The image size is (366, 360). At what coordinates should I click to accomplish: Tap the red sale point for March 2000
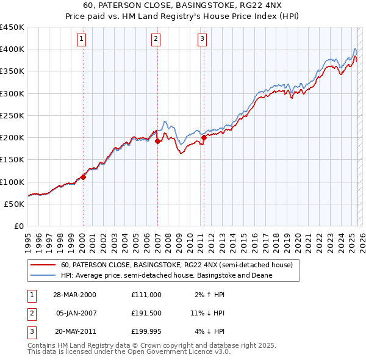(x=84, y=177)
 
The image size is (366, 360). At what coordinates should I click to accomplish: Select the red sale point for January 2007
(x=157, y=141)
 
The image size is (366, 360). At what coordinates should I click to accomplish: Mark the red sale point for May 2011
(x=204, y=137)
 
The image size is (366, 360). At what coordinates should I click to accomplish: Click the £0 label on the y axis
(x=18, y=226)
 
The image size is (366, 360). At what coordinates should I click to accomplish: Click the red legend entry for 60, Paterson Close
(x=177, y=265)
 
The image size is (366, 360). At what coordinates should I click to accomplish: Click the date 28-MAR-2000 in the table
(x=74, y=294)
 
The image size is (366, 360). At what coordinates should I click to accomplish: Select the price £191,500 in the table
(x=146, y=313)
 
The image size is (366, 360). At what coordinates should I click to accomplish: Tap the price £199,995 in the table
(x=146, y=332)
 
